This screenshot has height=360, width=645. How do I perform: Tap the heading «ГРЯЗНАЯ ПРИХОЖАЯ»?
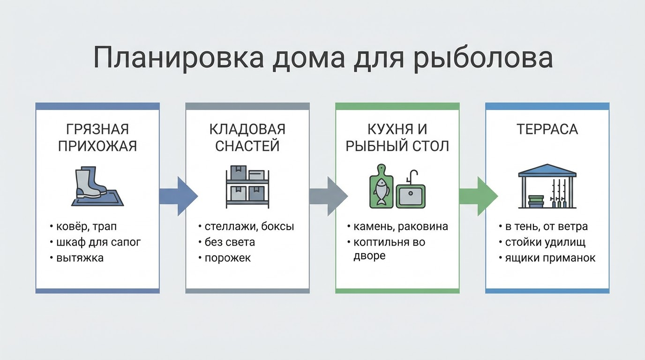click(x=97, y=137)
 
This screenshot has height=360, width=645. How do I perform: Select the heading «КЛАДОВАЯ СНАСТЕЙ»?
click(x=247, y=137)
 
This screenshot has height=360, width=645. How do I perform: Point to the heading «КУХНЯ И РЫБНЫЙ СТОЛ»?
click(x=397, y=137)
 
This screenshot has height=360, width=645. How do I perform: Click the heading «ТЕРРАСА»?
click(x=547, y=129)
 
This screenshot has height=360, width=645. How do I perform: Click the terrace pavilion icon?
click(x=547, y=186)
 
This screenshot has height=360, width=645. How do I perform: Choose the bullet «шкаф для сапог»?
click(x=98, y=242)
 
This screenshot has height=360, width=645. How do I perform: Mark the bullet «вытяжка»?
click(x=80, y=258)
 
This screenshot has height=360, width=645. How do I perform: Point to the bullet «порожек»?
click(x=227, y=258)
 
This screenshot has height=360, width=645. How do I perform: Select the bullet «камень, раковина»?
click(x=400, y=227)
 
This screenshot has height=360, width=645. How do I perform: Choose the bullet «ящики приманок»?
click(x=550, y=258)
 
